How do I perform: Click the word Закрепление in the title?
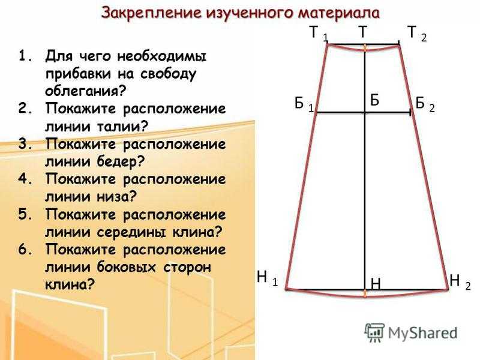click(x=151, y=13)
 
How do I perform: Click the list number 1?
click(x=25, y=56)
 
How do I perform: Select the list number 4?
click(x=25, y=179)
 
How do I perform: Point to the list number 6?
click(x=25, y=250)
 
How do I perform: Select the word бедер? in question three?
click(x=121, y=161)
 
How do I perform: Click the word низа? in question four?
click(x=116, y=197)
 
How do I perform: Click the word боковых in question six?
click(x=127, y=267)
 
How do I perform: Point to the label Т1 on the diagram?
click(x=319, y=33)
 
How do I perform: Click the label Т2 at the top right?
click(x=417, y=33)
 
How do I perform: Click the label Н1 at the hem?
click(x=268, y=278)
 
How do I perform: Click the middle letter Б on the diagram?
click(x=374, y=100)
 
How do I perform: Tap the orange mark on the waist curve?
click(x=365, y=48)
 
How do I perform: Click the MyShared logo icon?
click(x=374, y=332)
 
